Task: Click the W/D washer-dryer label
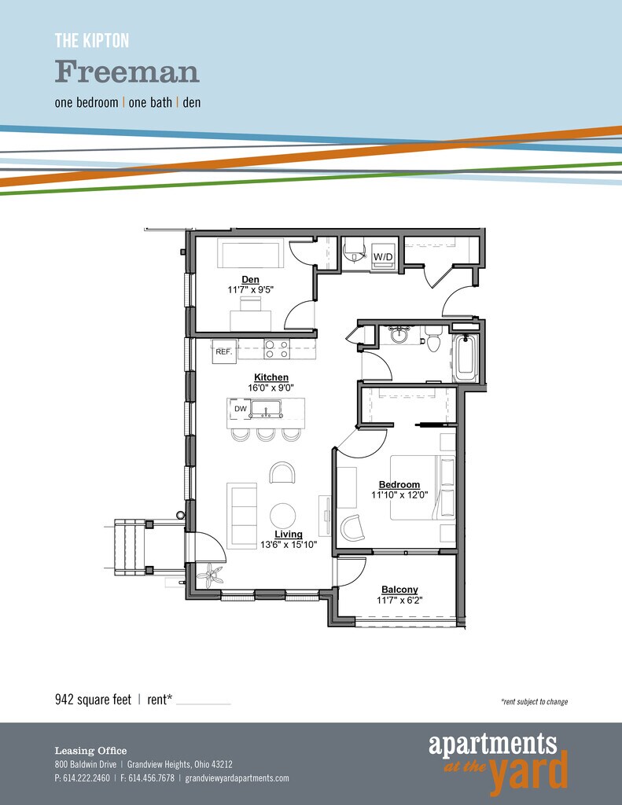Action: point(383,257)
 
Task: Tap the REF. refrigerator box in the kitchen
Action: point(224,351)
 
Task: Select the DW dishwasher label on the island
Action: point(241,409)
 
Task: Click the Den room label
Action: point(250,279)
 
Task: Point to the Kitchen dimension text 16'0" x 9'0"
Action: point(271,388)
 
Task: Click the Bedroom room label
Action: point(399,484)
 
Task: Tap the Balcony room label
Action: point(399,590)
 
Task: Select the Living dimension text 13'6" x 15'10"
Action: point(289,544)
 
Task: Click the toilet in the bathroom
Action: point(433,340)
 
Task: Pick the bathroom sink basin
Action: point(398,336)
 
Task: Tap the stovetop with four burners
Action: point(276,349)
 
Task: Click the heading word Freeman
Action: point(127,72)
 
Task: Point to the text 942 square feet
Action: point(93,699)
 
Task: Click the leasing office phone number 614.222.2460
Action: point(86,777)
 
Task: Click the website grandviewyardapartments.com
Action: point(237,778)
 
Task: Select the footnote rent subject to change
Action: point(534,701)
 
